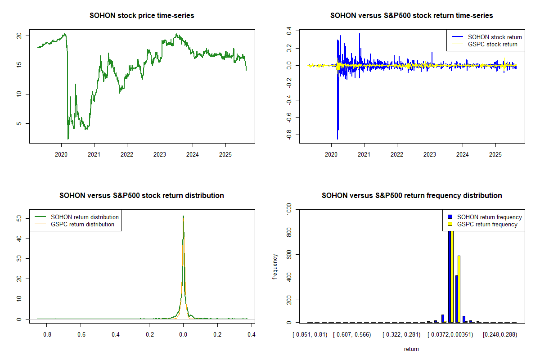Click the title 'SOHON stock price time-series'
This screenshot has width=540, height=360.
[142, 16]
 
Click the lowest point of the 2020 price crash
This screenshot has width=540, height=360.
[68, 139]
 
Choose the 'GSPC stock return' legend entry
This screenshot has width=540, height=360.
[492, 44]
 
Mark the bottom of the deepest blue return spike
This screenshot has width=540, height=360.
[337, 139]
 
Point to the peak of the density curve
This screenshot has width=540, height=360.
[183, 216]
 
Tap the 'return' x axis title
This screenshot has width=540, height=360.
[411, 349]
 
